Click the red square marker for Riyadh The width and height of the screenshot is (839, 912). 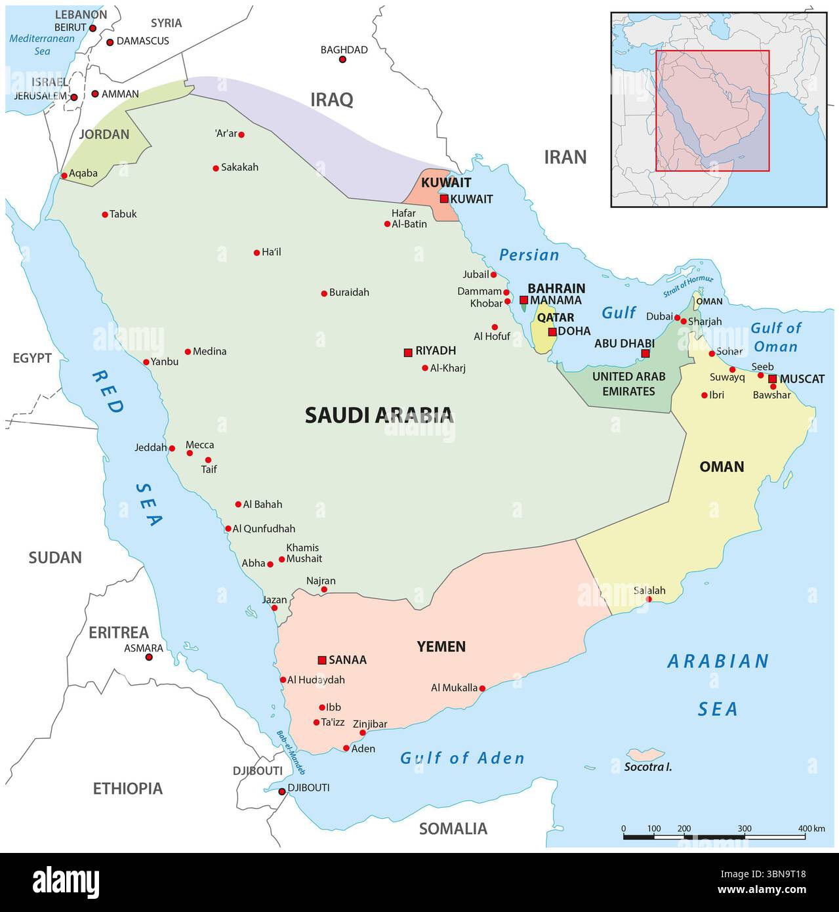click(x=408, y=352)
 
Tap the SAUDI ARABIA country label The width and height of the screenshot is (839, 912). click(x=379, y=415)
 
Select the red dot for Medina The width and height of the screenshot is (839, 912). click(x=188, y=352)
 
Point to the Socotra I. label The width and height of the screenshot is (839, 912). click(x=647, y=766)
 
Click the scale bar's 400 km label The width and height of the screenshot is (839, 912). click(x=811, y=829)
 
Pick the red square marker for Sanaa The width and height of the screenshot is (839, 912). click(x=322, y=660)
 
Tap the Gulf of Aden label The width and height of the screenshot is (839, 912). click(x=462, y=758)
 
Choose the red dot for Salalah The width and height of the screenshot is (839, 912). click(x=649, y=599)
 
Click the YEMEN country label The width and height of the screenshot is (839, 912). click(x=441, y=647)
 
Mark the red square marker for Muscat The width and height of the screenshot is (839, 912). click(x=773, y=379)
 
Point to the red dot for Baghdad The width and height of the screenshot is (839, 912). click(x=342, y=60)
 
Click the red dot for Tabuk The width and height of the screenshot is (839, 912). click(x=105, y=215)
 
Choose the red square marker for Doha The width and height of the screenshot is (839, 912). click(x=552, y=331)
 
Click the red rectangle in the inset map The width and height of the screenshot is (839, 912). click(x=712, y=110)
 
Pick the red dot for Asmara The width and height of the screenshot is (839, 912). click(x=149, y=657)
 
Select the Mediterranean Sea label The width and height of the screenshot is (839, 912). click(x=42, y=45)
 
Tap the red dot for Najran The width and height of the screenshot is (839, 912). click(x=323, y=589)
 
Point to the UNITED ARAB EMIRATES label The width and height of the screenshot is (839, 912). click(x=628, y=384)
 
